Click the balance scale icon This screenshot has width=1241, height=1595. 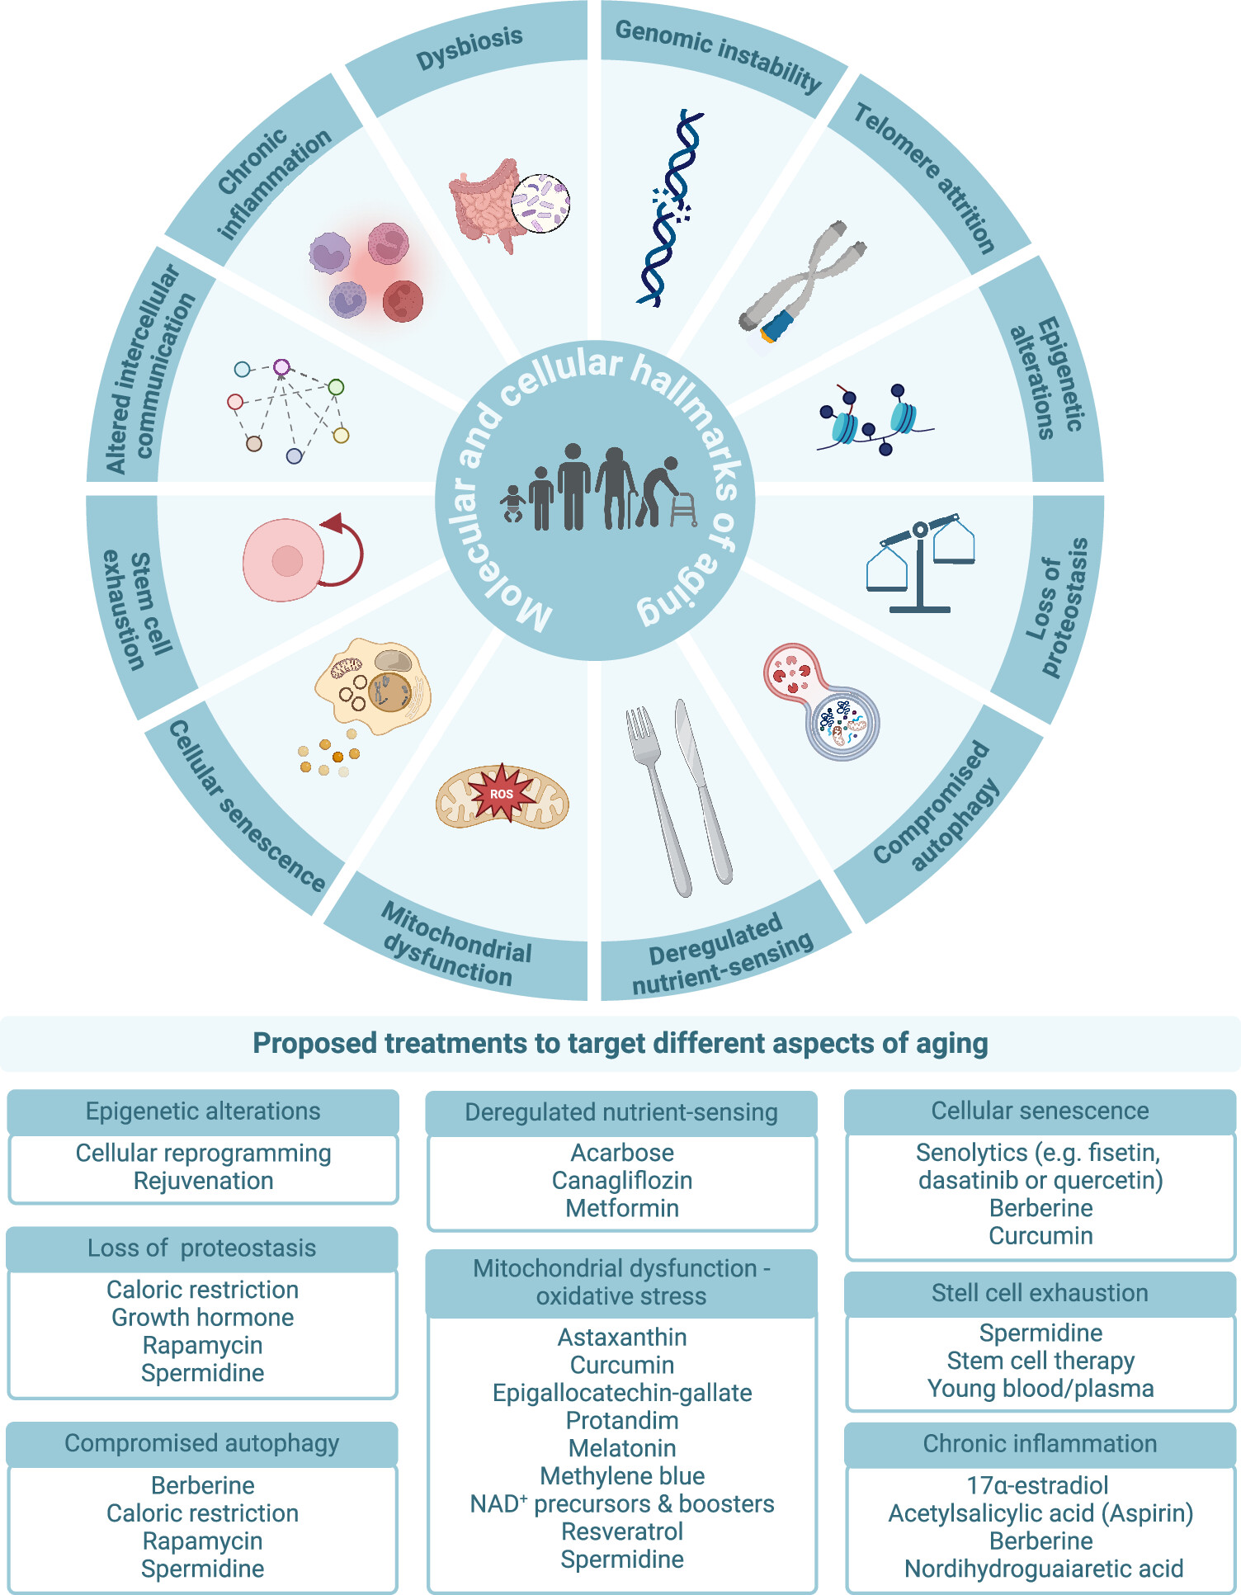click(920, 565)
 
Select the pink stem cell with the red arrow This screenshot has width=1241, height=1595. click(285, 560)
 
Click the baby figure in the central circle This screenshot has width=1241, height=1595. click(513, 504)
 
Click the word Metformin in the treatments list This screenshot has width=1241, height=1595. click(622, 1209)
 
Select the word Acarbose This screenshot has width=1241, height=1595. click(622, 1153)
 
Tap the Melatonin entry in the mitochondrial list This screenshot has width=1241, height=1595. click(622, 1448)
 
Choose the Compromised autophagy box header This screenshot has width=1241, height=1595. click(202, 1443)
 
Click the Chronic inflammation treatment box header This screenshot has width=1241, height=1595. click(1040, 1443)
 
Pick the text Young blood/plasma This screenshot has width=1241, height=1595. click(1040, 1389)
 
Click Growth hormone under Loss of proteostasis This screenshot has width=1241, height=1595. click(203, 1318)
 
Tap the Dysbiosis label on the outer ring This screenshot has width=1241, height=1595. click(470, 48)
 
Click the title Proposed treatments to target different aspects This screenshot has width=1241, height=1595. click(620, 1044)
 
